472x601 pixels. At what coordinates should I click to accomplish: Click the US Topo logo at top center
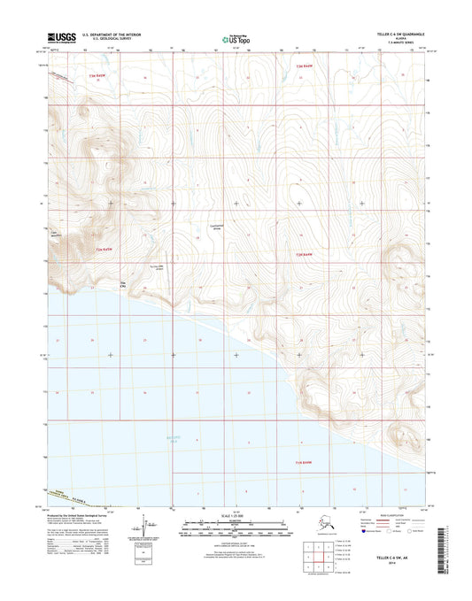pyautogui.click(x=236, y=39)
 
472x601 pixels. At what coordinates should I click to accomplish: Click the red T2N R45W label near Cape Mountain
pyautogui.click(x=105, y=250)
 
